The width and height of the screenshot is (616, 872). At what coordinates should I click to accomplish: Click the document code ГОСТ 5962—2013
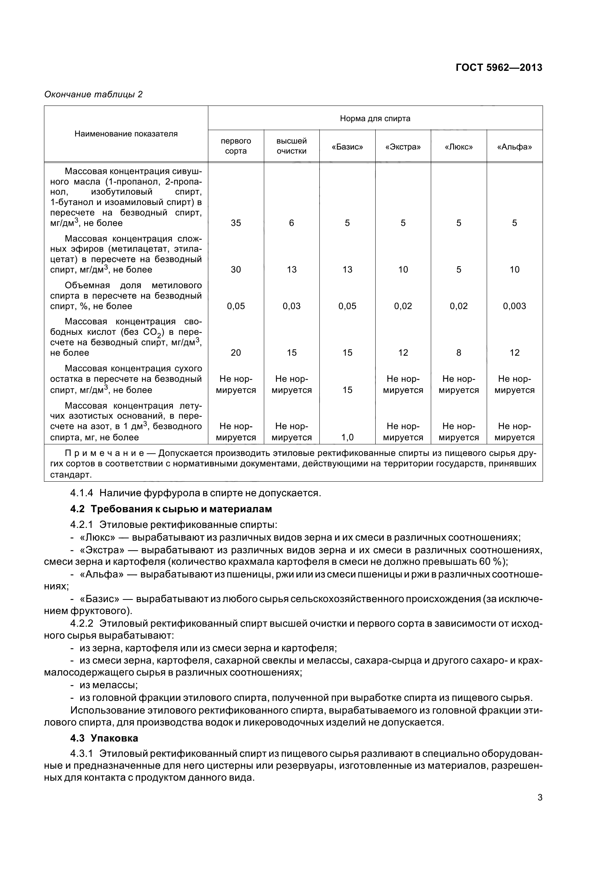499,67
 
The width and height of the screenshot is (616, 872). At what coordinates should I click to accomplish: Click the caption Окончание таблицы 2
94,95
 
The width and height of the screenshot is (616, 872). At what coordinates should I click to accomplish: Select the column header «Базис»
347,147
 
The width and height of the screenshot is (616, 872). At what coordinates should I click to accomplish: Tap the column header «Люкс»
458,147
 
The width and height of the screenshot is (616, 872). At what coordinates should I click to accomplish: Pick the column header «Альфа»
514,147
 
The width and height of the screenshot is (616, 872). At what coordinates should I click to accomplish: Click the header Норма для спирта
375,119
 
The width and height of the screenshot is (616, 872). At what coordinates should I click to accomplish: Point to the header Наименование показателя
126,134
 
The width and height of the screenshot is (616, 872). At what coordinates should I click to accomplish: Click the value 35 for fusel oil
236,223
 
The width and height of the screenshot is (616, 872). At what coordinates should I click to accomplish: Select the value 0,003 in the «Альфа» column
514,306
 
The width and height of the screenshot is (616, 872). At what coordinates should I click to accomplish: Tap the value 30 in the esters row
236,270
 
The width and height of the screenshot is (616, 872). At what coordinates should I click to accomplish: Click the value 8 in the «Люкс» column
458,353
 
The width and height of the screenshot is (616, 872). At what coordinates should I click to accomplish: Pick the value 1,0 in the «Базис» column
347,438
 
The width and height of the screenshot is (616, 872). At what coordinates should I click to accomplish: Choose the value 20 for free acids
236,353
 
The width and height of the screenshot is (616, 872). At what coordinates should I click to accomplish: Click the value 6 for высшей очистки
291,223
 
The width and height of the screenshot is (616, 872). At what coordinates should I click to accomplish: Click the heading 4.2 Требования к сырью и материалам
171,509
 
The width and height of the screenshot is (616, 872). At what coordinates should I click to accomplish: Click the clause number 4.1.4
82,493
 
